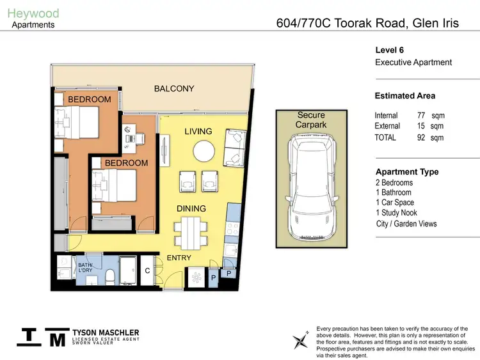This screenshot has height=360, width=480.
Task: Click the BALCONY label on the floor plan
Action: (174, 89)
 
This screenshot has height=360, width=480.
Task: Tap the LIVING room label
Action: (198, 132)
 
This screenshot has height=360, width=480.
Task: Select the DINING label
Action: (191, 208)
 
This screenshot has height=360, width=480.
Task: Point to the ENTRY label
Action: (179, 258)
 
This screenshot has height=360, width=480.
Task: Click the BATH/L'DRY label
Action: (86, 267)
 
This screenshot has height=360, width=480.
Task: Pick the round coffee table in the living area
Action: (204, 152)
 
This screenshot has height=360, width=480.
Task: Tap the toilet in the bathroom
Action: (110, 276)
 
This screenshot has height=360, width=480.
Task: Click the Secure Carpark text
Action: (311, 120)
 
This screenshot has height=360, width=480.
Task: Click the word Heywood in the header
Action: (33, 13)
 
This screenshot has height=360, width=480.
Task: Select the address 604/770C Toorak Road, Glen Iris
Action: (367, 23)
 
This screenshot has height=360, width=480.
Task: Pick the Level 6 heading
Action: (389, 50)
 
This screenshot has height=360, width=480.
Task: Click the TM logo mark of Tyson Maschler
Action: (42, 337)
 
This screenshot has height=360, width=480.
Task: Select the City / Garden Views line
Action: (406, 224)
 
